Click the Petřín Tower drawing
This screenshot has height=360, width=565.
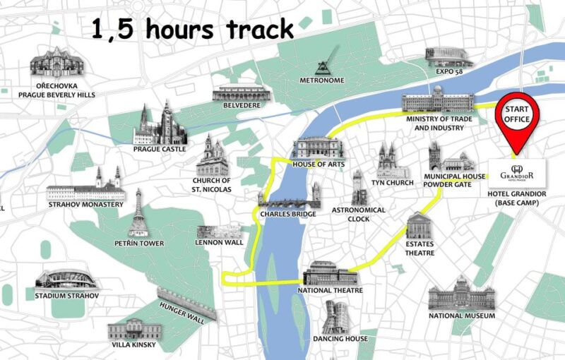[138, 213]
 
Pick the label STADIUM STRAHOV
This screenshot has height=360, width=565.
[67, 295]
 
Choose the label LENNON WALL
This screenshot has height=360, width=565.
[219, 242]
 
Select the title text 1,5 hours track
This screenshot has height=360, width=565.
[192, 30]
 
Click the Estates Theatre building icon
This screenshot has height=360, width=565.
[419, 226]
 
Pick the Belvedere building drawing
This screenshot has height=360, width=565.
[242, 93]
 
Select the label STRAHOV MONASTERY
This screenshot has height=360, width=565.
[85, 205]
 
